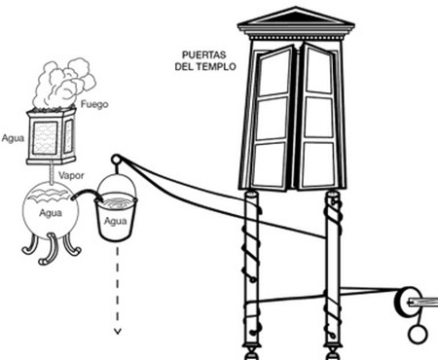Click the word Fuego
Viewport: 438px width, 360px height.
94,105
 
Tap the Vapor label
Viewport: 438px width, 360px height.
71,175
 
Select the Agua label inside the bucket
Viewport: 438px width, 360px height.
115,221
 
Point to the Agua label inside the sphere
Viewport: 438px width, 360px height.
51,213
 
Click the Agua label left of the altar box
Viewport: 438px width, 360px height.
13,138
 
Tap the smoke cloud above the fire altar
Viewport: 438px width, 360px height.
65,83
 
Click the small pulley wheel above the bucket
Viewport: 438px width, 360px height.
116,160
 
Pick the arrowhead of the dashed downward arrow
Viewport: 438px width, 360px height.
118,331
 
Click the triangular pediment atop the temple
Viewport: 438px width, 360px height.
296,17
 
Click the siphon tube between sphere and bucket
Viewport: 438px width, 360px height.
87,194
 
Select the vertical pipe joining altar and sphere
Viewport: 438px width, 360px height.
51,174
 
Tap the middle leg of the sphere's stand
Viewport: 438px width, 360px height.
49,249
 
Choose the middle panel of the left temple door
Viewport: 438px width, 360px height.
273,119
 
